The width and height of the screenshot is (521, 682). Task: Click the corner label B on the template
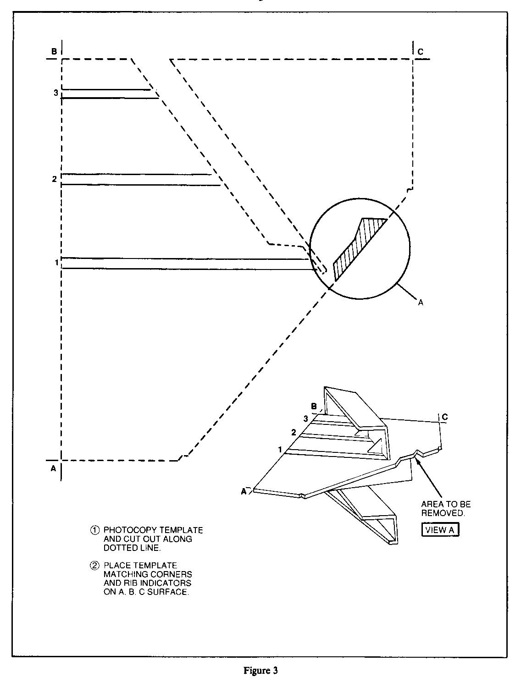[54, 52]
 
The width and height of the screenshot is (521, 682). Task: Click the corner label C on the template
[421, 52]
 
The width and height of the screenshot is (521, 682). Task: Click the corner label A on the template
[53, 468]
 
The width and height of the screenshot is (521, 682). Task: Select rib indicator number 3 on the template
[55, 93]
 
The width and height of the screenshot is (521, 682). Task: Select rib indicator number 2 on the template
[54, 179]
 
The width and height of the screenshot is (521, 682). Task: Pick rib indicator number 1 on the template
[56, 263]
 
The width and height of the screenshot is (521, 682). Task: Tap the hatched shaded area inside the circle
[358, 248]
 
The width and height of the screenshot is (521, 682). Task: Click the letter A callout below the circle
[421, 302]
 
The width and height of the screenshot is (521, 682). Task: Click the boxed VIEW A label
[440, 530]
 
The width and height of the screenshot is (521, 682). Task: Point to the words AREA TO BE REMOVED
[446, 509]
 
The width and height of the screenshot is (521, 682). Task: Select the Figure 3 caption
[260, 671]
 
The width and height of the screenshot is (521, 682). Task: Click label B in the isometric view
[314, 406]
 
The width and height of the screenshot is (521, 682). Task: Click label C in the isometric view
[444, 417]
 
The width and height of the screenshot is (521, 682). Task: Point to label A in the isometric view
[244, 491]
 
